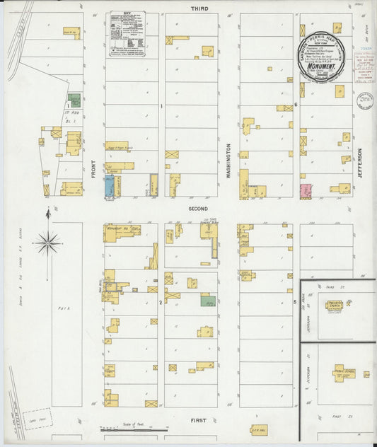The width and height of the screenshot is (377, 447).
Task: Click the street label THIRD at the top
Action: coord(198,8)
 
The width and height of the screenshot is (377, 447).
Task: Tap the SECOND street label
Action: coord(198,209)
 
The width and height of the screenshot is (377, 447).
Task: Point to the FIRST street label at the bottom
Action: coord(199,420)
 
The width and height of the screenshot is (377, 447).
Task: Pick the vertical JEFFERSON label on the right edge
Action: coord(360,162)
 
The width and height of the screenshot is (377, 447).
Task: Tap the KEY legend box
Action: coord(127,33)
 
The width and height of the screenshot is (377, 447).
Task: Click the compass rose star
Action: coord(48,243)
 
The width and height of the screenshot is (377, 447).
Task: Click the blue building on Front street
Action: coord(110,186)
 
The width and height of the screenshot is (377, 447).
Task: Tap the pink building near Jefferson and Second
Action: coord(306,190)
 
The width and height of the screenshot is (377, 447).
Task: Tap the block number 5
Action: coord(296,302)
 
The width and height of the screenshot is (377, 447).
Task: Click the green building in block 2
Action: coord(208,301)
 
